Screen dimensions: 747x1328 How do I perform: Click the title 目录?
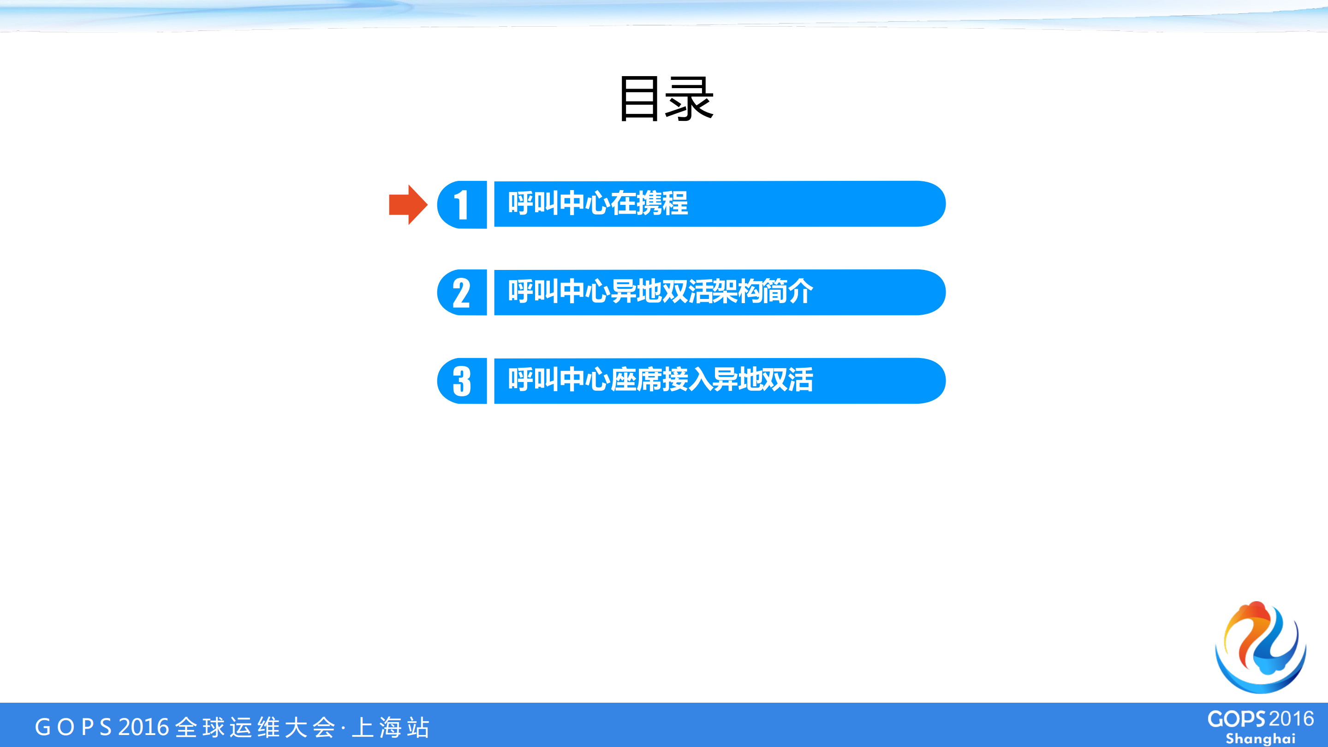(666, 99)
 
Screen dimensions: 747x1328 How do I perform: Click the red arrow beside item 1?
(407, 205)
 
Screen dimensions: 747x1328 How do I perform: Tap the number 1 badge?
(462, 205)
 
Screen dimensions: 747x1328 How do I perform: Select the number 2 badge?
(462, 293)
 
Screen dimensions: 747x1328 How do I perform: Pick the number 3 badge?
(462, 382)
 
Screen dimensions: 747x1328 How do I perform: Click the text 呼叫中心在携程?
(597, 203)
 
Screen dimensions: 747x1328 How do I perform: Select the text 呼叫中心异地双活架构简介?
(660, 292)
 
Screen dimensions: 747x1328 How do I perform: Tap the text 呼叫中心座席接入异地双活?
(660, 380)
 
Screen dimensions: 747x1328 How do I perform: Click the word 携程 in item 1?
(662, 203)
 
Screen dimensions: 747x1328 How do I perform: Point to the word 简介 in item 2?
(788, 292)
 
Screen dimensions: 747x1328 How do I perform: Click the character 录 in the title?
(689, 99)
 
